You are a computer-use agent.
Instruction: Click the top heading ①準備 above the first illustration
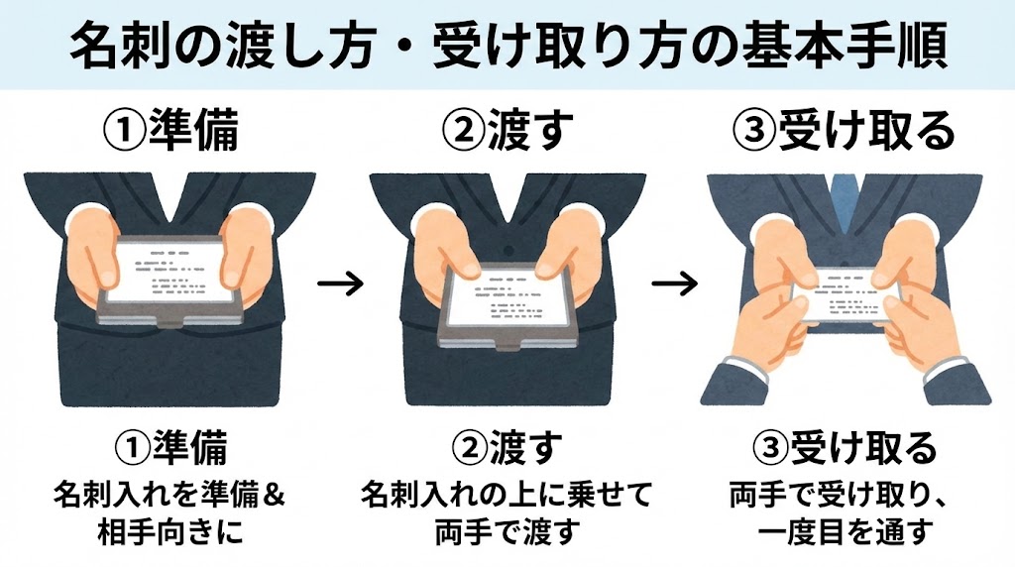click(x=170, y=130)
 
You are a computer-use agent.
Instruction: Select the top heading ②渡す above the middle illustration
click(x=508, y=130)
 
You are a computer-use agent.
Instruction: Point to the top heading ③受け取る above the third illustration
click(x=844, y=130)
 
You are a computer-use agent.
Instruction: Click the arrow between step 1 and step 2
click(x=341, y=283)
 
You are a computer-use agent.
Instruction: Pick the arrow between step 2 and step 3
click(x=674, y=283)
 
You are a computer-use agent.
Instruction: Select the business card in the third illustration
click(x=844, y=293)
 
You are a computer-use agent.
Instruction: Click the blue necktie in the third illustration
click(x=843, y=199)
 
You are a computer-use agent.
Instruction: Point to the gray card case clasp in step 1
click(x=170, y=321)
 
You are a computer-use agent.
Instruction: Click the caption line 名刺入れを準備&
click(x=169, y=496)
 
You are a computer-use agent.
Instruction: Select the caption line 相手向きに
click(x=169, y=531)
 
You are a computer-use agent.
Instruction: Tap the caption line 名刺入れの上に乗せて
click(x=506, y=496)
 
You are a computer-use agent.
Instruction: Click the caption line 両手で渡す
click(x=506, y=531)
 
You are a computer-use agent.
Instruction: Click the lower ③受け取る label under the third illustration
click(x=845, y=448)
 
